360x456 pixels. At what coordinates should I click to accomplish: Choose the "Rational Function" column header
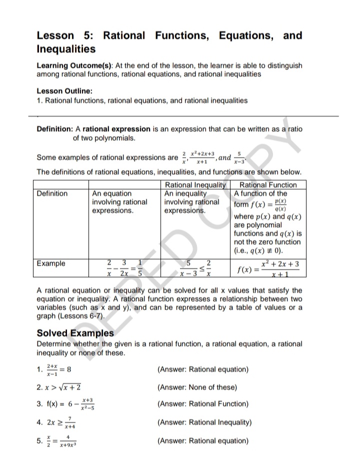tap(268, 185)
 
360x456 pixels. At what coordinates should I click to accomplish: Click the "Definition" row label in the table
tap(52, 193)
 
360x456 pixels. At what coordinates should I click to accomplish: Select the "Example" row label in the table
tap(50, 263)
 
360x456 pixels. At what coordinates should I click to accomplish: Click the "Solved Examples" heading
tap(75, 333)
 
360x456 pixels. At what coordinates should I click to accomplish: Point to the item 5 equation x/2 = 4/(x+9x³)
tap(63, 441)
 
